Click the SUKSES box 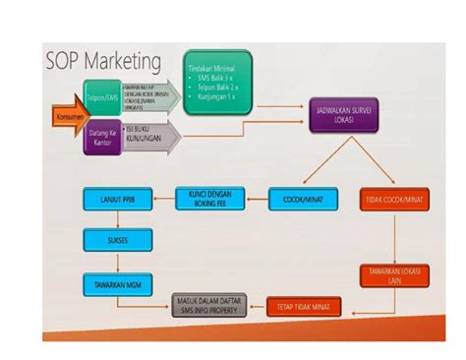(x=116, y=239)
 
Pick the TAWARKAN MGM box (x=116, y=283)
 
